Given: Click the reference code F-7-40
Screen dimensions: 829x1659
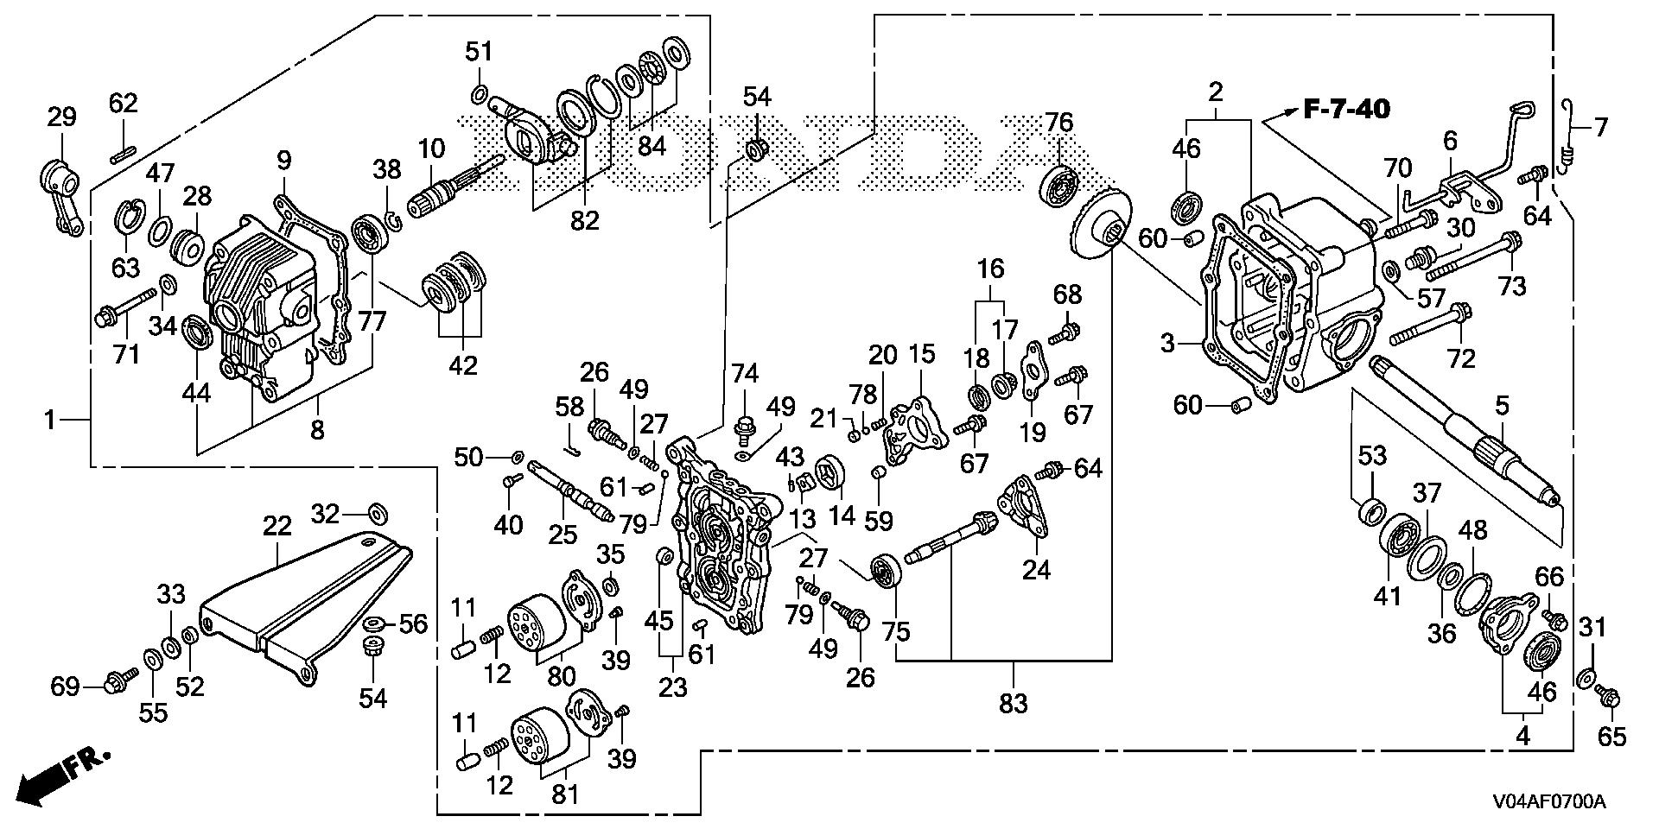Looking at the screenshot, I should tap(1347, 110).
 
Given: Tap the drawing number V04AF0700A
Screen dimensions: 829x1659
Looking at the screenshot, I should tap(1548, 802).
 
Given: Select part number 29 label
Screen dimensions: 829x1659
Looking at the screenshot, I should tap(61, 117).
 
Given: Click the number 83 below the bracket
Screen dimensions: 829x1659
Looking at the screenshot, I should tap(1013, 704).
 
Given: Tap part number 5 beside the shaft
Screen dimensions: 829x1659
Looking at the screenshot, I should tap(1502, 405).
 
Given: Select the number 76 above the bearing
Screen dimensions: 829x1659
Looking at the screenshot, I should tap(1059, 123).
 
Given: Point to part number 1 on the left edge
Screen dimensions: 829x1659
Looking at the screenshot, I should tap(51, 421).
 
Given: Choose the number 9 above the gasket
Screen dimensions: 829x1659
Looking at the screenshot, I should tap(284, 161).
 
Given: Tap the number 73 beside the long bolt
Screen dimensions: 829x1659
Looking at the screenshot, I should tap(1511, 286).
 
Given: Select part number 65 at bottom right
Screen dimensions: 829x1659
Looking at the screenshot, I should tap(1612, 737).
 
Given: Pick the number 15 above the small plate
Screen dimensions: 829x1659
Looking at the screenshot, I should tap(922, 354).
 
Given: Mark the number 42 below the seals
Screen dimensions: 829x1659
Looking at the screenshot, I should tap(463, 364).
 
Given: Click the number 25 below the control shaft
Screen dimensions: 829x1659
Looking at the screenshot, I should tap(563, 535).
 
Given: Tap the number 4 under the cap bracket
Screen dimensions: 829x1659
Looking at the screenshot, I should tap(1522, 737).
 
